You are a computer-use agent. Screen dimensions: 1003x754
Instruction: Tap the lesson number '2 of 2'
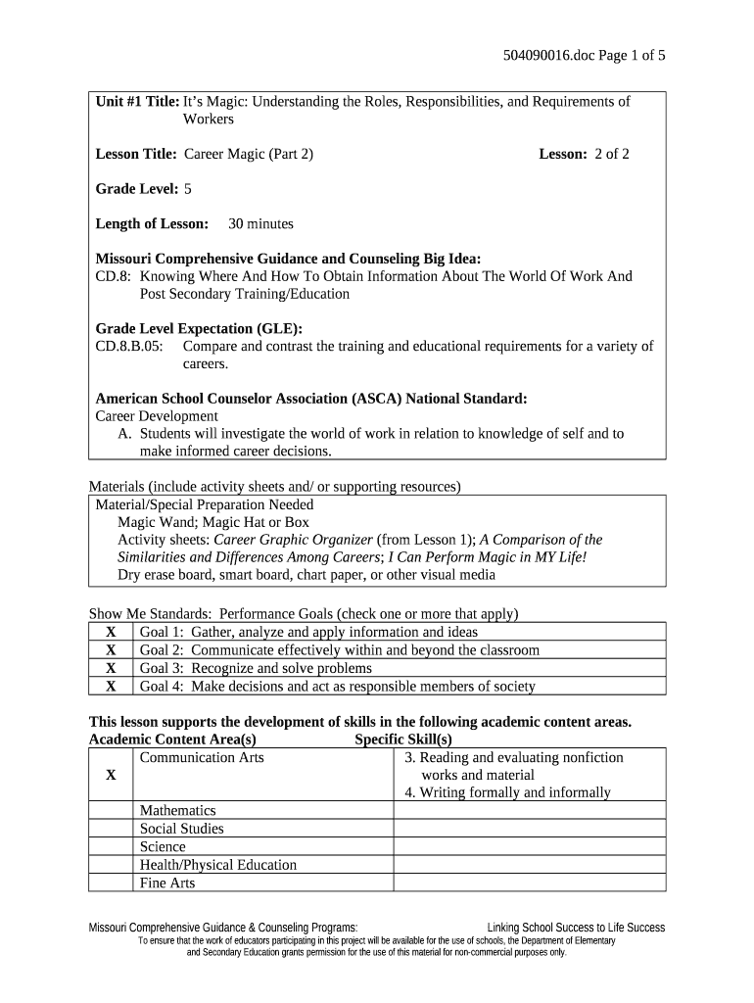coord(611,154)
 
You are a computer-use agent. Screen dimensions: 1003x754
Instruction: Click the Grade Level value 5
coord(188,188)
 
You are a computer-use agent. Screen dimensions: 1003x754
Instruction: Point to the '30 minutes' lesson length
coord(260,223)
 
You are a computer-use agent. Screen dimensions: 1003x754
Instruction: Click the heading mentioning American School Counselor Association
coord(311,399)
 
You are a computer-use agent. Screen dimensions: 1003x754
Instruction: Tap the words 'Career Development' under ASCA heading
coord(157,416)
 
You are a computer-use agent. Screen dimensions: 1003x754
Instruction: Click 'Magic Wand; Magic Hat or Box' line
coord(213,522)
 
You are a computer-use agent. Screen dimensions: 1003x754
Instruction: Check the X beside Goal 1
coord(111,633)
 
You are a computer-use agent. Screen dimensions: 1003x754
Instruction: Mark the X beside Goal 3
coord(111,668)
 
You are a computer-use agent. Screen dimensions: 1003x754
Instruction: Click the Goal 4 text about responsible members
coord(337,687)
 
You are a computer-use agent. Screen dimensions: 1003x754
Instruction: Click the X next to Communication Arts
coord(111,775)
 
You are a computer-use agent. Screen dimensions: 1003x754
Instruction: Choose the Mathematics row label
coord(177,811)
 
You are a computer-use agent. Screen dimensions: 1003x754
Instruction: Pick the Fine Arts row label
coord(167,883)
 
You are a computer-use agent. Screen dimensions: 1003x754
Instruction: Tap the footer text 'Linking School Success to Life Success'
coord(576,928)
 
